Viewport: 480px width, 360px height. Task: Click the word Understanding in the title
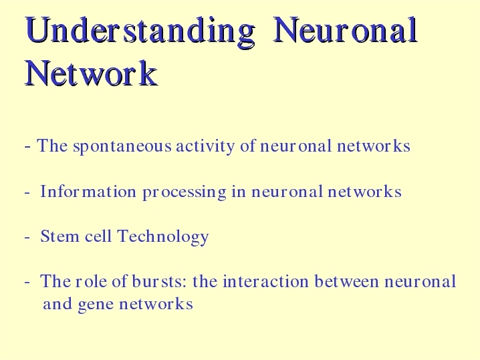[140, 32]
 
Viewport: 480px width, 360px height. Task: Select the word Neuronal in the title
[345, 30]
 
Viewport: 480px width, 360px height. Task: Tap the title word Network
[91, 73]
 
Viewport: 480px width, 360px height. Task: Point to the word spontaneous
[122, 147]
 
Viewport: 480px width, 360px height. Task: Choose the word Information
[88, 192]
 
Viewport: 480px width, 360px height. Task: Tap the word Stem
[59, 236]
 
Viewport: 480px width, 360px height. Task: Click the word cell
[98, 236]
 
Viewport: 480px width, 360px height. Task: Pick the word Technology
[163, 237]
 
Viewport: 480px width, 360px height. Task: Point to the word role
[91, 281]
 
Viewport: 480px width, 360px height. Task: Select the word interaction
[265, 281]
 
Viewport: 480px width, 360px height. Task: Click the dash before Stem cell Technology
[27, 237]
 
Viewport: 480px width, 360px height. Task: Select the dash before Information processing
[27, 193]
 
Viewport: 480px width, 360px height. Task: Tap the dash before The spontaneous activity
[27, 147]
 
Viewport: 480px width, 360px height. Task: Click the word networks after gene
[156, 303]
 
